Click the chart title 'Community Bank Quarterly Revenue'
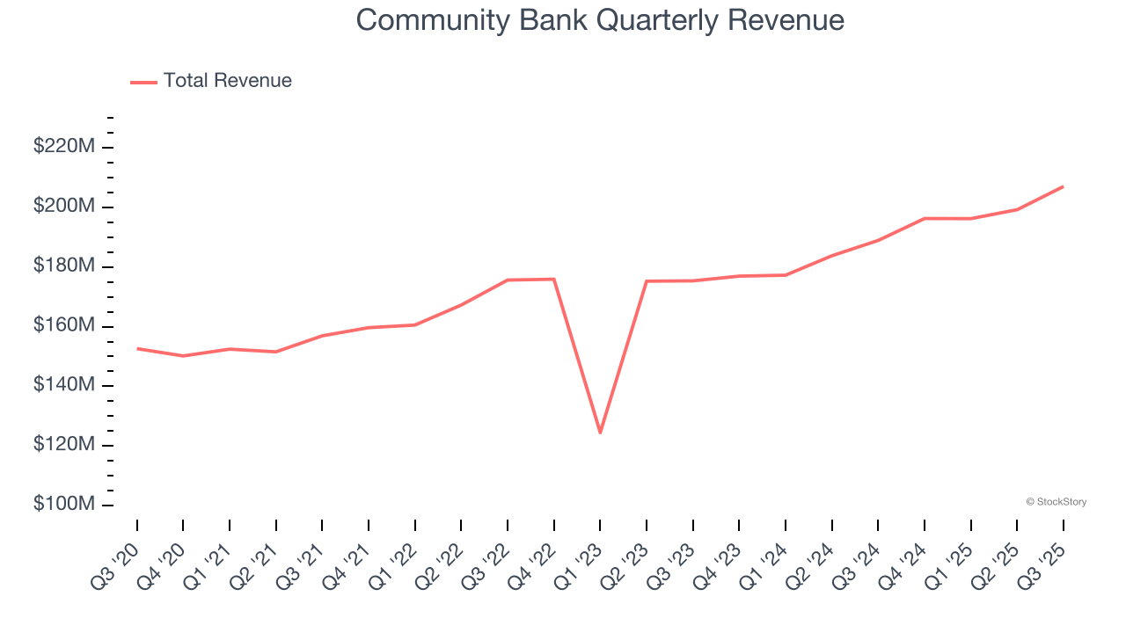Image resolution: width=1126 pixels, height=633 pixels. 600,20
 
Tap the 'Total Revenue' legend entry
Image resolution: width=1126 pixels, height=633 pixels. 227,81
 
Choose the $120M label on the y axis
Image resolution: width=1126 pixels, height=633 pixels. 63,446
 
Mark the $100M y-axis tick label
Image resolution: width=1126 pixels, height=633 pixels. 63,506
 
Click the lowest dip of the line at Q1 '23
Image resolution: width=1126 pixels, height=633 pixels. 600,433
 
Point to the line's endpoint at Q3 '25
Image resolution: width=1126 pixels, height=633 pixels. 1063,186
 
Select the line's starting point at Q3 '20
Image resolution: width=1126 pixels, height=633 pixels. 137,348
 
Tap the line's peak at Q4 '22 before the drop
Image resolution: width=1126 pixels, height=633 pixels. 553,280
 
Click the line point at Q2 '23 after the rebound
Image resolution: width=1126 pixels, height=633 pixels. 647,281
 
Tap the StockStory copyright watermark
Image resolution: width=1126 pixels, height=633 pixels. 1056,502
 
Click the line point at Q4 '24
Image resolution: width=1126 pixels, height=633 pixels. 925,218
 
